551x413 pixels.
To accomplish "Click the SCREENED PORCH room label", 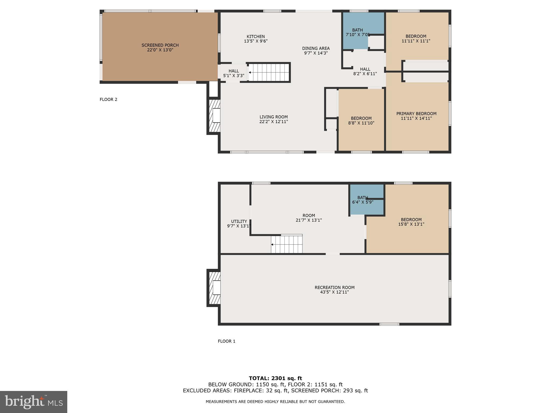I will click(x=160, y=45).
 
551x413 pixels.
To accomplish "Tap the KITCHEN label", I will click(x=256, y=37).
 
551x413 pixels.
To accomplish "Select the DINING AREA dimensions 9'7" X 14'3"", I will click(x=316, y=53).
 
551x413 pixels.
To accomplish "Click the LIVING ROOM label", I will click(x=274, y=117).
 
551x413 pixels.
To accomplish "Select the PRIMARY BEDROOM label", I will click(x=416, y=114).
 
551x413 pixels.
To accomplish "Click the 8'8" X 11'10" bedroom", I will click(x=361, y=121).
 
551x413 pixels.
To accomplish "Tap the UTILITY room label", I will click(x=239, y=222).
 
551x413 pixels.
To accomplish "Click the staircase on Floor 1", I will click(x=287, y=244).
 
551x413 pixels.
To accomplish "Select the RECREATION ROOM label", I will click(x=334, y=287).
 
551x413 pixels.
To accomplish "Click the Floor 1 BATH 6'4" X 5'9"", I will click(x=363, y=200).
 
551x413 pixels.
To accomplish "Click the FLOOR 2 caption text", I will click(x=108, y=99).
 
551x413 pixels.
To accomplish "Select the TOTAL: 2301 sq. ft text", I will click(x=275, y=378).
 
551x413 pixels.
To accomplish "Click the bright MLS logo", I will click(x=34, y=402).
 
